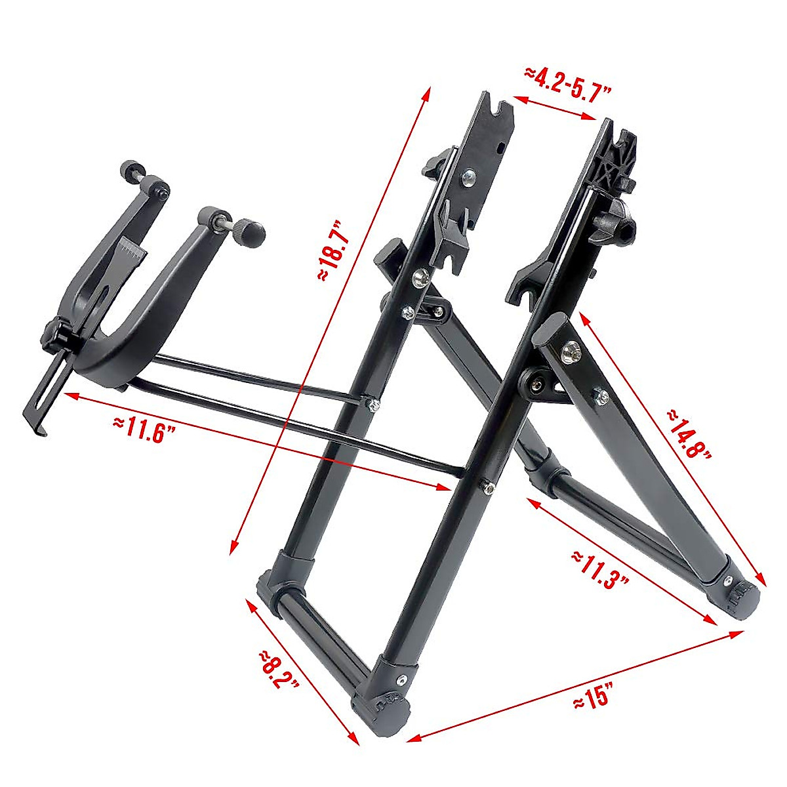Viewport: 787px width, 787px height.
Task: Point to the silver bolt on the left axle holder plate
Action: (468, 176)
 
